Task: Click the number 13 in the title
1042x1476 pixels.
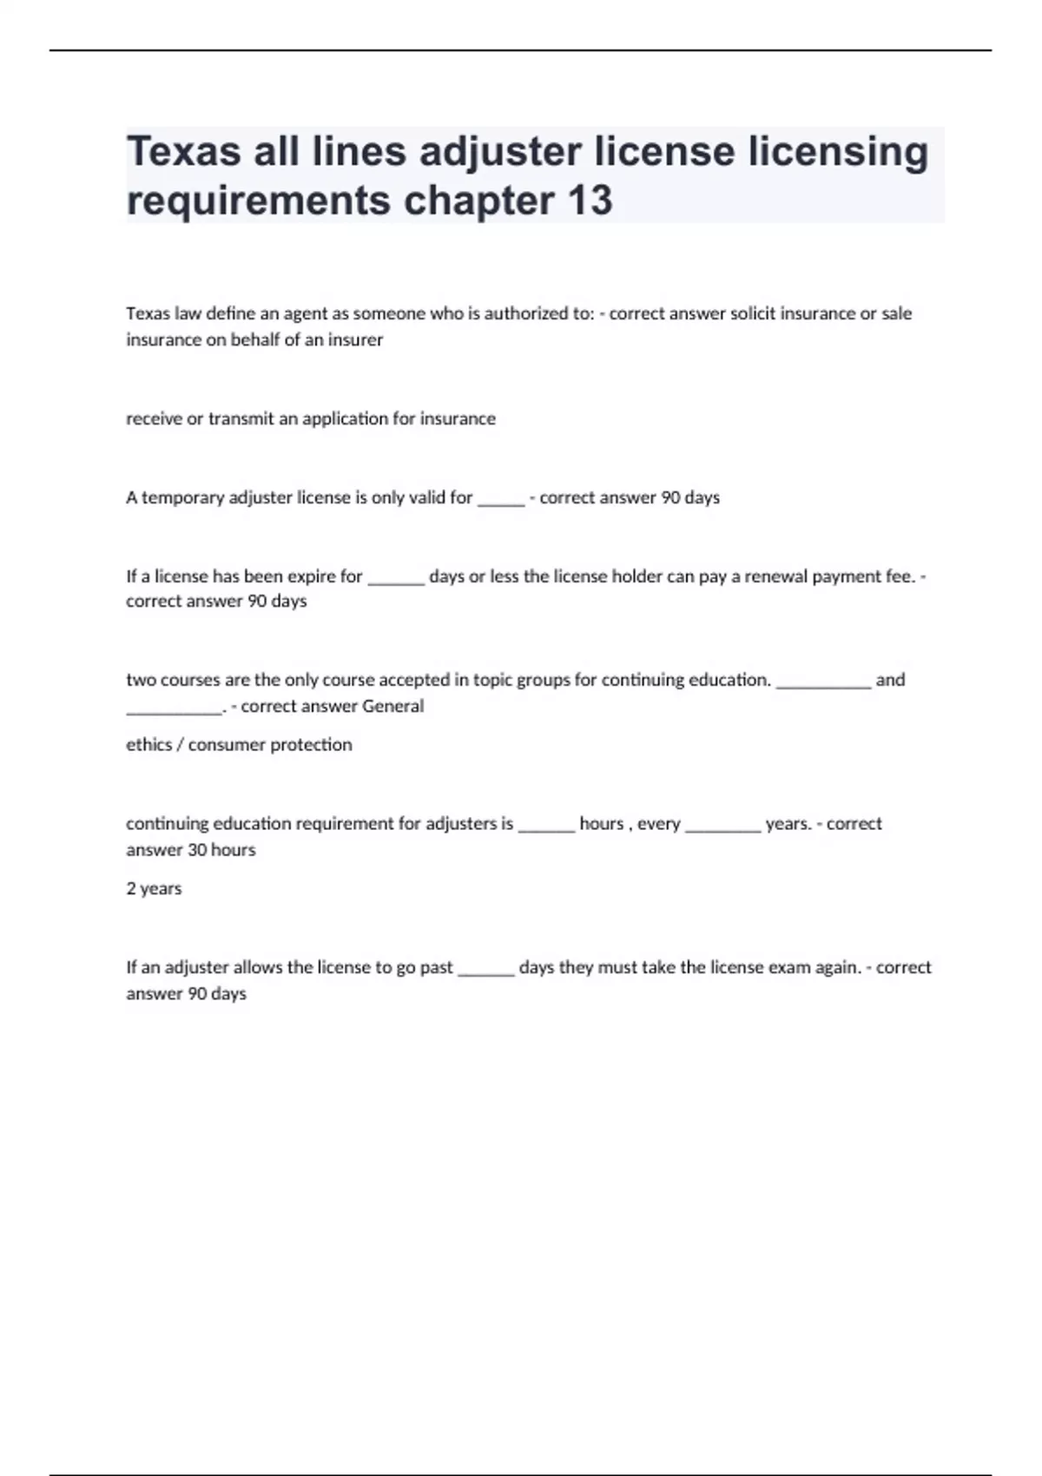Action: (x=590, y=200)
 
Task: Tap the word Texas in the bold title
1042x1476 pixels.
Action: (x=183, y=151)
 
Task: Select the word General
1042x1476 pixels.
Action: (x=392, y=706)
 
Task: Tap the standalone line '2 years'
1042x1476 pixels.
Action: (x=154, y=888)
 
